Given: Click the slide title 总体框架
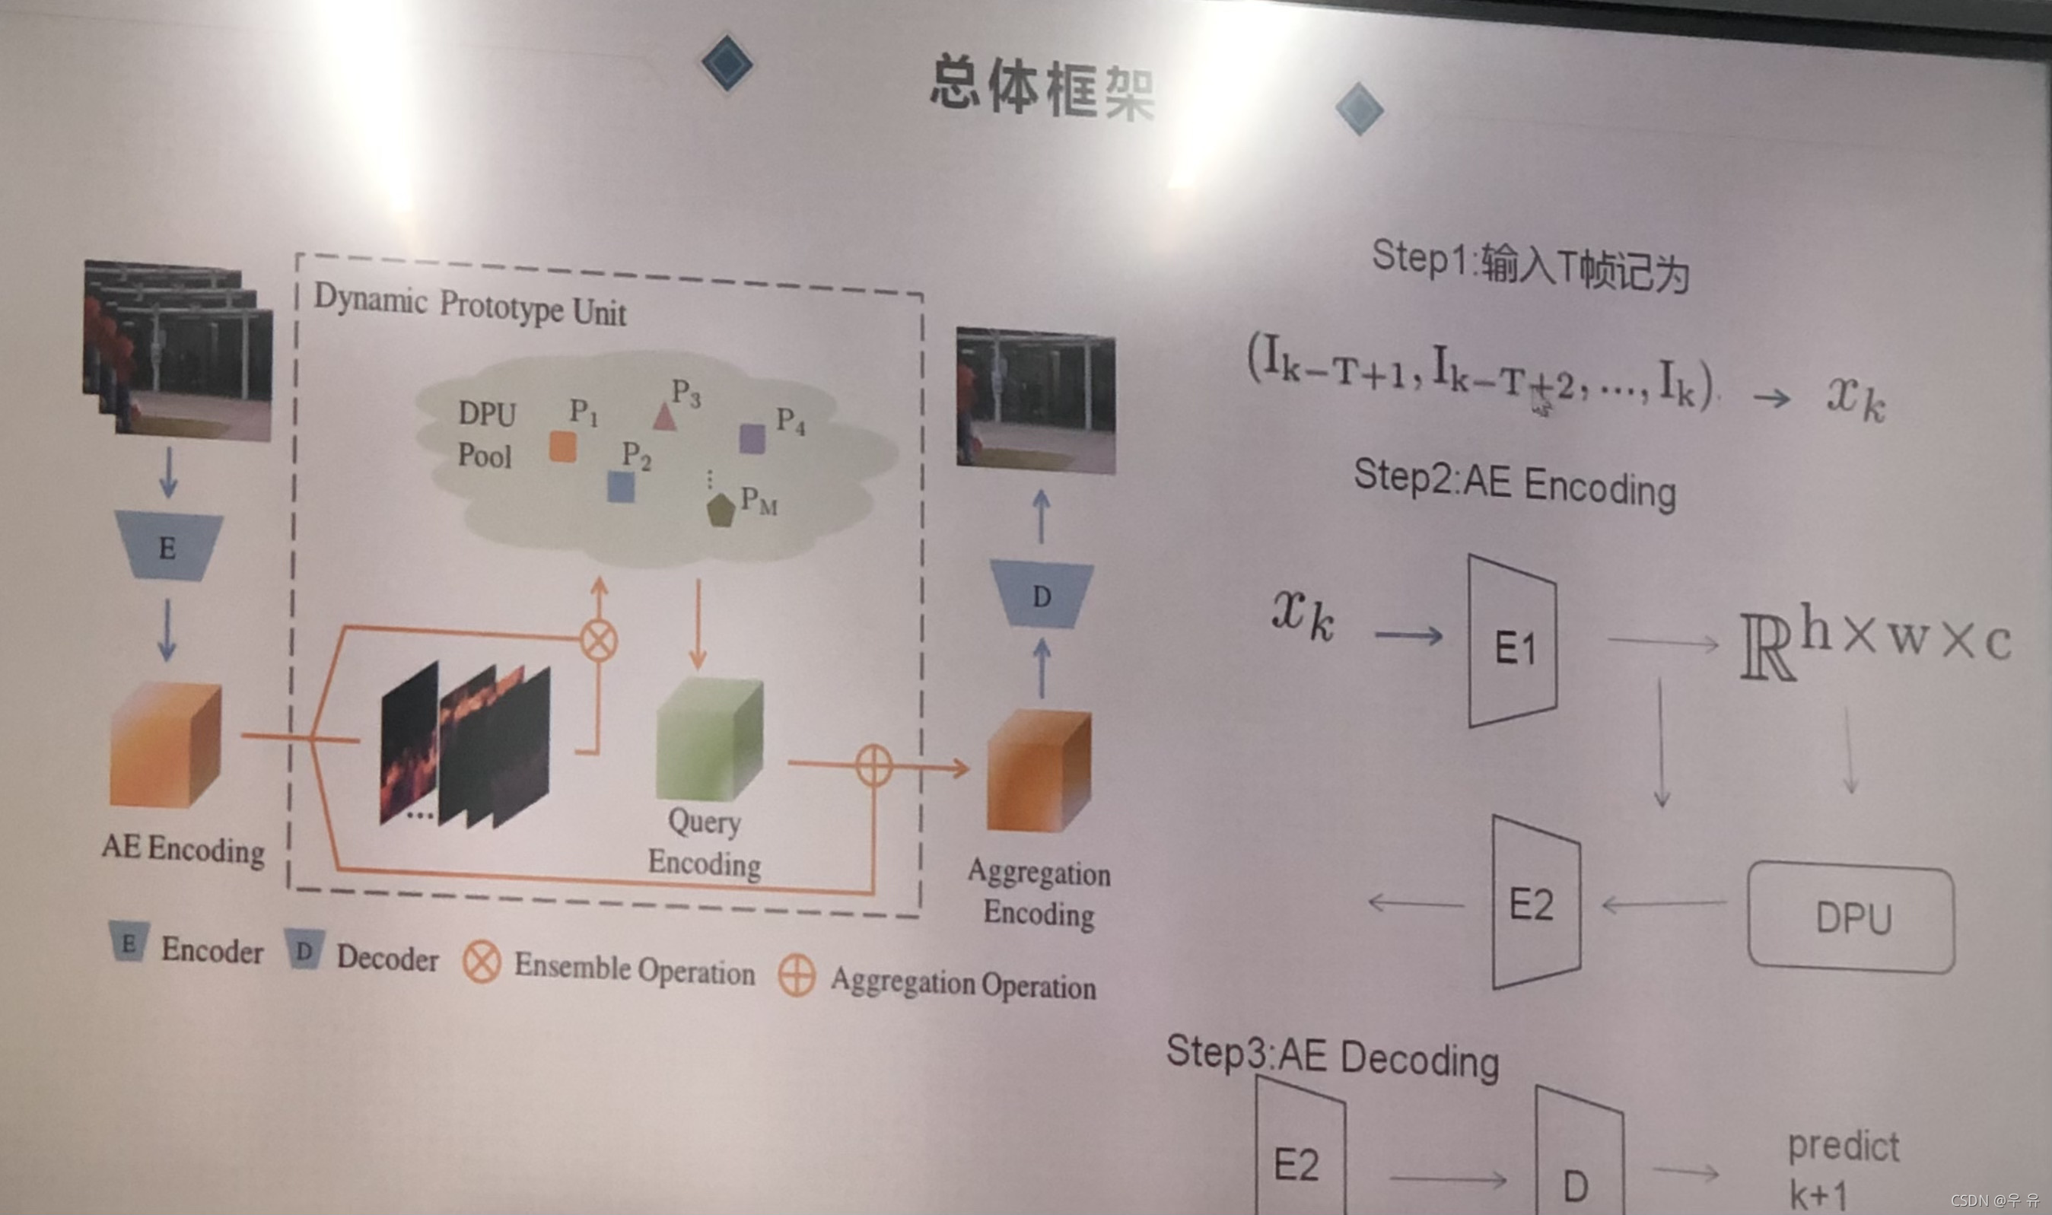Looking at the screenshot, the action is click(x=1041, y=87).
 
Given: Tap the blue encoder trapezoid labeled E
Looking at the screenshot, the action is click(x=168, y=547).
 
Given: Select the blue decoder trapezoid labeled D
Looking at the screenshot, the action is click(x=1041, y=595).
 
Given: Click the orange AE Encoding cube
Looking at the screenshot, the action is click(x=165, y=746).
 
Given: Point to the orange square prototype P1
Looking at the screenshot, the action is click(x=562, y=448).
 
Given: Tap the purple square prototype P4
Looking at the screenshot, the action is click(x=752, y=439).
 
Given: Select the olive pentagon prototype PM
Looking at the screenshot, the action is click(x=721, y=510).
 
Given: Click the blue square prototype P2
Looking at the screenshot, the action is click(x=622, y=487).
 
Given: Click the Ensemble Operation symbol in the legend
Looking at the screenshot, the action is click(x=482, y=960).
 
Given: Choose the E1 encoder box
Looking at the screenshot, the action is click(x=1513, y=643).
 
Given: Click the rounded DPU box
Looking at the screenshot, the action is click(x=1851, y=917).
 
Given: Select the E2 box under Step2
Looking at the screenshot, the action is click(x=1535, y=903).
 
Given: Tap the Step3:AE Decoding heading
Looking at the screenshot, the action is click(x=1331, y=1057).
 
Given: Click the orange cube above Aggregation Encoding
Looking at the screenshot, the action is click(x=1039, y=771).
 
